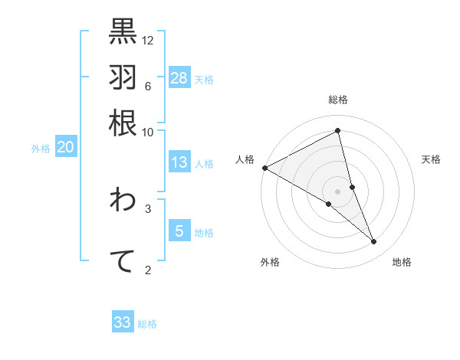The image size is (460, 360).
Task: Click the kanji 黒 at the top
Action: (123, 31)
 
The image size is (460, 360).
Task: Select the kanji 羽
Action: (123, 77)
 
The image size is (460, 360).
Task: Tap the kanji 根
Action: (123, 123)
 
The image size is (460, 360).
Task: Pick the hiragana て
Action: (123, 260)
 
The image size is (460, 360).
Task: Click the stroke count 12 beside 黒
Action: (148, 40)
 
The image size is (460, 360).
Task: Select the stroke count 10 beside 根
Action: (148, 132)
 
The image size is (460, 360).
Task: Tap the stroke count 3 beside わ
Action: (148, 208)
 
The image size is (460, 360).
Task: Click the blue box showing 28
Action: (179, 77)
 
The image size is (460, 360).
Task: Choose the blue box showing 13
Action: (179, 162)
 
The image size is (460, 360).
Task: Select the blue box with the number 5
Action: (179, 231)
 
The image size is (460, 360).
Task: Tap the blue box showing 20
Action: (65, 148)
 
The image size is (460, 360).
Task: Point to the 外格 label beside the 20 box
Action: (41, 149)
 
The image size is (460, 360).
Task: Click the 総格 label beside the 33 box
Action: (147, 324)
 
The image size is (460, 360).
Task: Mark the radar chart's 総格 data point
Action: (337, 130)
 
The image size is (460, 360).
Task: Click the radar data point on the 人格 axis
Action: (264, 167)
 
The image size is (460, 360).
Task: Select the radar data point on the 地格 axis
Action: (374, 242)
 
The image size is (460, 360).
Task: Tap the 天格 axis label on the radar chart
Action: (432, 159)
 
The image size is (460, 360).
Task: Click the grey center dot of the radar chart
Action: (337, 191)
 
